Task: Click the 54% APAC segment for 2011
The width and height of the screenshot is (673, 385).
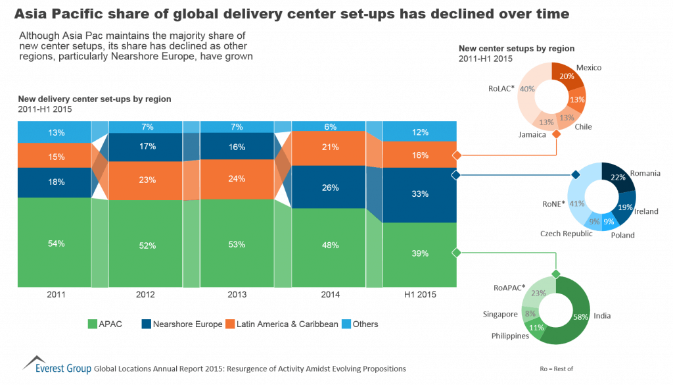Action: pyautogui.click(x=56, y=243)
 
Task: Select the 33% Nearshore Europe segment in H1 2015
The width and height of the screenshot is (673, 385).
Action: pyautogui.click(x=419, y=194)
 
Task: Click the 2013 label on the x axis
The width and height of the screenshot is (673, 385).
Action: pyautogui.click(x=237, y=295)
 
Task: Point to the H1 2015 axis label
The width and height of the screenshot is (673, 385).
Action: pyautogui.click(x=419, y=295)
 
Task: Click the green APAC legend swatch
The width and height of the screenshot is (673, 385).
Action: pyautogui.click(x=92, y=324)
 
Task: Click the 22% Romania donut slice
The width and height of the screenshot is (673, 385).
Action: pyautogui.click(x=618, y=180)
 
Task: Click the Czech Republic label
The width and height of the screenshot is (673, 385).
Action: pyautogui.click(x=566, y=234)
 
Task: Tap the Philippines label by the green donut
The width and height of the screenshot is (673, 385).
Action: pyautogui.click(x=510, y=336)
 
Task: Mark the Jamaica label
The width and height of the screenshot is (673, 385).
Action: pyautogui.click(x=532, y=134)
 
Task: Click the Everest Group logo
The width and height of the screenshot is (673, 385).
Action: pyautogui.click(x=56, y=365)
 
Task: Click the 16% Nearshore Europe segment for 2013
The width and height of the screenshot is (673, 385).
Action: pyautogui.click(x=237, y=147)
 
